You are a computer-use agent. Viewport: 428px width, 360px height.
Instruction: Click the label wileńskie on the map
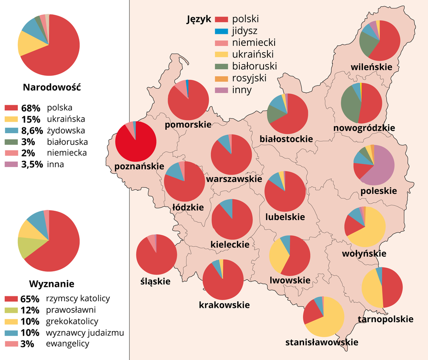[x=371, y=67]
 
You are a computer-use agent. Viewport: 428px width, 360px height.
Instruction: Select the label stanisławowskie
[x=322, y=342]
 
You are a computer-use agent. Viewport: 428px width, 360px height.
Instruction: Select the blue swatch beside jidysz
[x=221, y=31]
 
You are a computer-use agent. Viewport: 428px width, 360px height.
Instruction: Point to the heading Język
[x=198, y=19]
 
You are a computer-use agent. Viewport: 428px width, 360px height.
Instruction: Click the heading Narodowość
[x=51, y=87]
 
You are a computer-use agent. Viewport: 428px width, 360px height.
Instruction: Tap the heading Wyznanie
[x=51, y=284]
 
